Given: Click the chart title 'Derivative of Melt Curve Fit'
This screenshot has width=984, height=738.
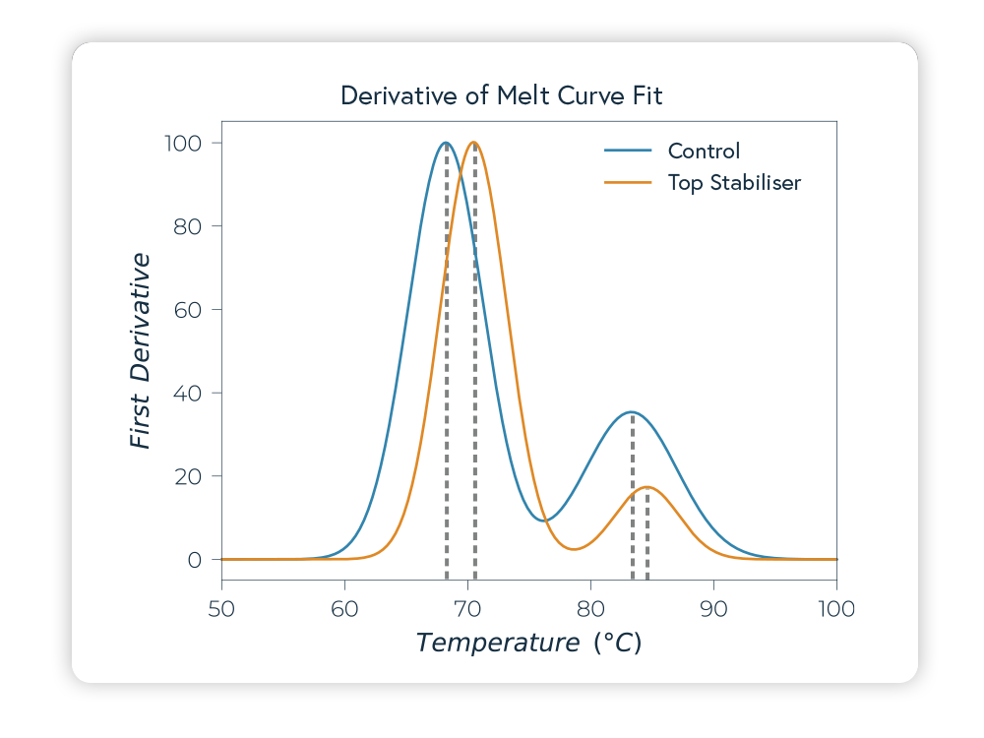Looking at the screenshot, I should click(x=502, y=95).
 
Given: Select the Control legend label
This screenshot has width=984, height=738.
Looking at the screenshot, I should click(x=704, y=151).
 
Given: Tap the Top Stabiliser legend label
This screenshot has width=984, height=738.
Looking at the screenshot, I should click(x=734, y=182).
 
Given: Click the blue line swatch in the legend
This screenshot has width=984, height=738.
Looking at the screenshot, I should click(x=628, y=151).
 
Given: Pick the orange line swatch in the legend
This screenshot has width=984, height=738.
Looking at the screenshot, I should click(x=628, y=182).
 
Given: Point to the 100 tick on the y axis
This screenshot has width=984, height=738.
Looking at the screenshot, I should click(x=182, y=144).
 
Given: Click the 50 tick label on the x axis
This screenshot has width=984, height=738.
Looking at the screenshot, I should click(x=221, y=609).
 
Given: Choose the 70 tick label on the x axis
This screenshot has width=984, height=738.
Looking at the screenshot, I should click(x=467, y=609).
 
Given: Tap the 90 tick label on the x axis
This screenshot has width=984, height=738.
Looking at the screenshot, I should click(x=713, y=609).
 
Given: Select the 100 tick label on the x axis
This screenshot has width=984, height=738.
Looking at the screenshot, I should click(x=835, y=609).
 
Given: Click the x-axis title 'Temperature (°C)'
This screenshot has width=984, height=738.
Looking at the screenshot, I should click(x=528, y=644).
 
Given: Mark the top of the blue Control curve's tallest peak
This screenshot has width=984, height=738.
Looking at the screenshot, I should click(x=446, y=143).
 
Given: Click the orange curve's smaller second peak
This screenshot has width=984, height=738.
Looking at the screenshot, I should click(x=646, y=487).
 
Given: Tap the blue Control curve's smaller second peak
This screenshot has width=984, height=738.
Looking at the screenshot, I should click(x=631, y=412).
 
